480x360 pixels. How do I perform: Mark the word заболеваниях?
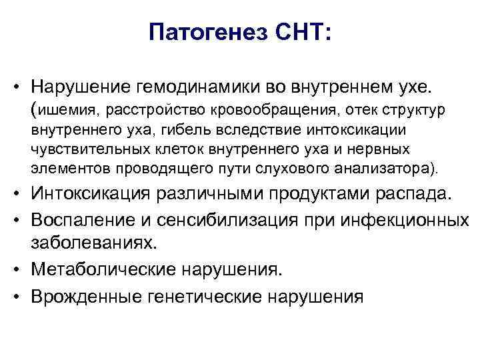click(98, 243)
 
